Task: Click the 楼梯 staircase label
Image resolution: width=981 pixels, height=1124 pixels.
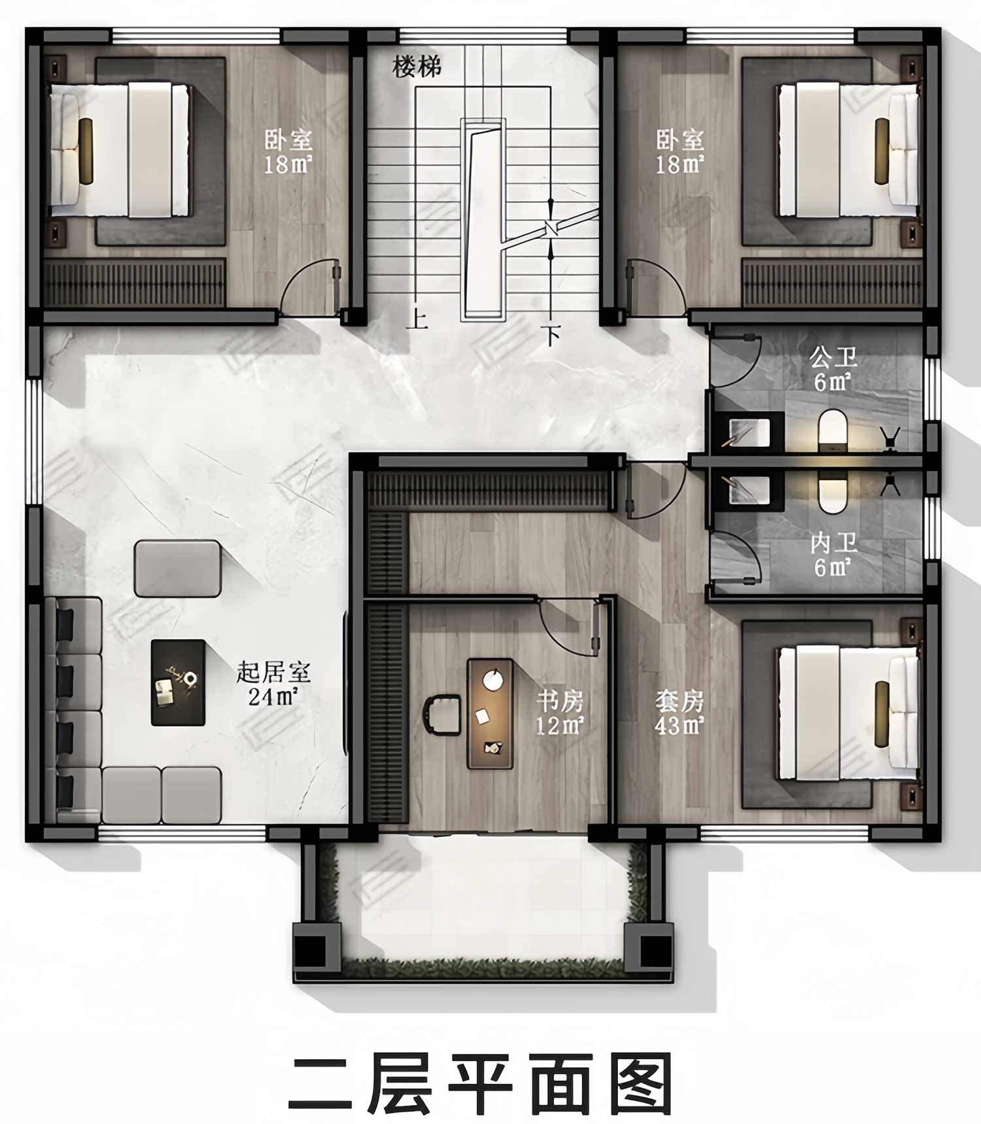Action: [417, 66]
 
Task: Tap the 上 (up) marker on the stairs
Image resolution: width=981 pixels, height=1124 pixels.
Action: [417, 319]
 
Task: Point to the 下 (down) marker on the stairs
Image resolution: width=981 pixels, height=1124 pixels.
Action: [553, 336]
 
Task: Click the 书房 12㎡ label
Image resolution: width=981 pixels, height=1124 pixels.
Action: [559, 712]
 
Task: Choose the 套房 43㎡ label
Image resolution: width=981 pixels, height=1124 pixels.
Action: [680, 712]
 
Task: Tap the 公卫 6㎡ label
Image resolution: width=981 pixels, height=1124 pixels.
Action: [833, 370]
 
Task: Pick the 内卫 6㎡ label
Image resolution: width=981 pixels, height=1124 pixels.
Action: [833, 554]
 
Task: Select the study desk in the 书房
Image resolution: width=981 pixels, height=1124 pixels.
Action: [490, 714]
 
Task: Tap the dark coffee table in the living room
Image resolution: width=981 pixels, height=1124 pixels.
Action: [178, 682]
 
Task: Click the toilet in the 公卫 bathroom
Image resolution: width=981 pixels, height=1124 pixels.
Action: [833, 431]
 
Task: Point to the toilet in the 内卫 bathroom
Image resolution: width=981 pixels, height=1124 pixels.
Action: [833, 491]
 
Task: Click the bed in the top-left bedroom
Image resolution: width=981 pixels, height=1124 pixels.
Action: [120, 149]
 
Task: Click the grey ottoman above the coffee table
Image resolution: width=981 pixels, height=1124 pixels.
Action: [177, 569]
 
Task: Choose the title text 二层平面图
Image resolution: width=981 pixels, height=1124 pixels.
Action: [481, 1083]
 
